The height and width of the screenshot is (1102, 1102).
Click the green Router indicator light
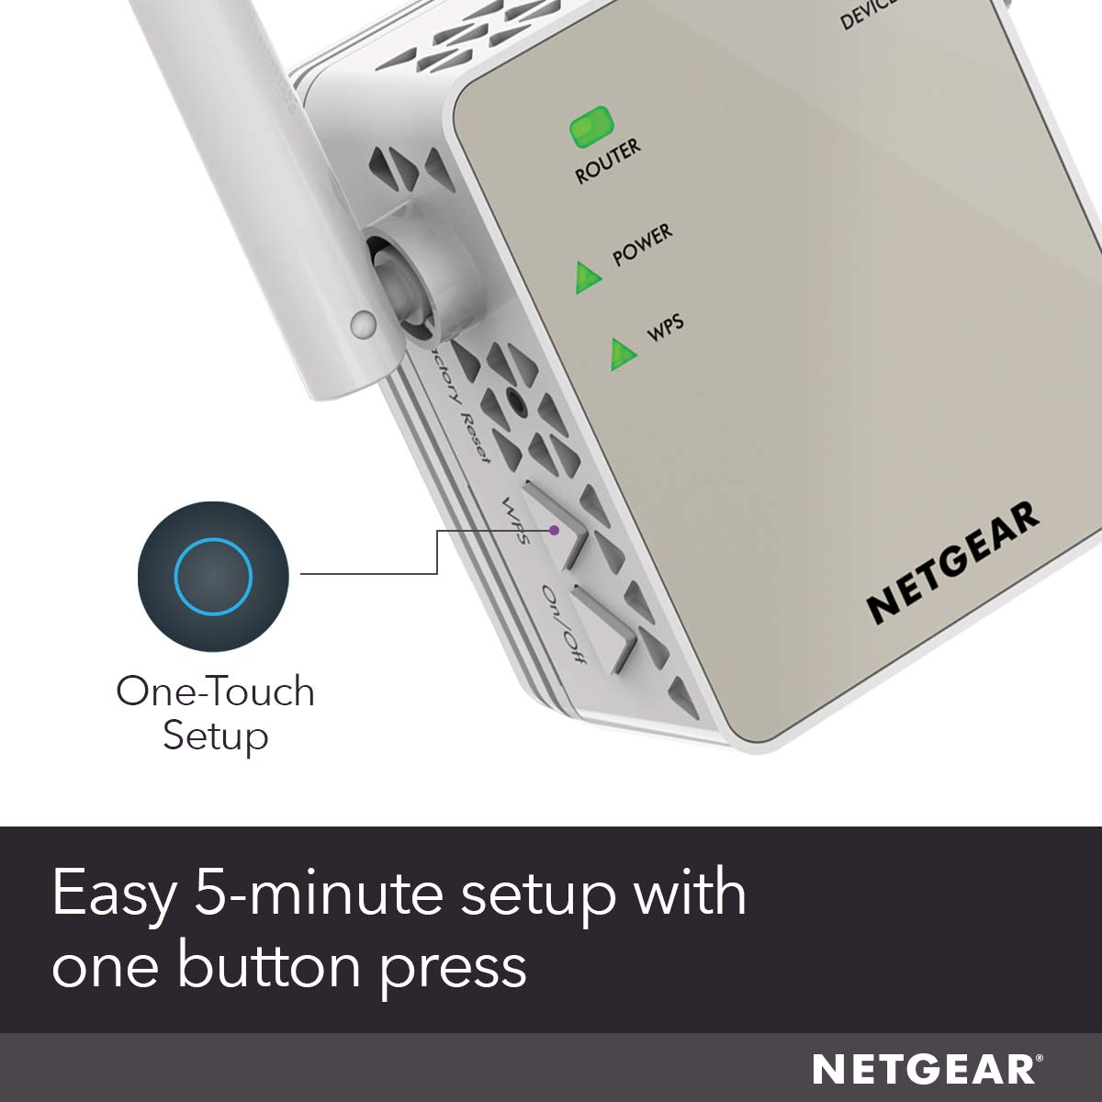[x=591, y=128]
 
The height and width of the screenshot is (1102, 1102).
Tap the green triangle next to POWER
[x=587, y=277]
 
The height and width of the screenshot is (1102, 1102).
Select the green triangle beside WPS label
[x=623, y=354]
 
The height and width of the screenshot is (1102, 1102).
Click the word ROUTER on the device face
[x=608, y=162]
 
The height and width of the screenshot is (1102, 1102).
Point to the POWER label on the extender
[x=643, y=244]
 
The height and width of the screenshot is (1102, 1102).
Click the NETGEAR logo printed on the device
[x=953, y=562]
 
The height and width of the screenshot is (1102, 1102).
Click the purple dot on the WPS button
[x=554, y=530]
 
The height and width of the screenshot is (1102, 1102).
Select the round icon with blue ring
[x=213, y=577]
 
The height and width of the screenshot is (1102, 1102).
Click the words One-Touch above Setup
[x=215, y=692]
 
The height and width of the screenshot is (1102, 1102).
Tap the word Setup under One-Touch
[x=215, y=736]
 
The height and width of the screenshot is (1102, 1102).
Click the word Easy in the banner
[x=112, y=894]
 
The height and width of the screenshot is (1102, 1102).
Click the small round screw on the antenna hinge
[x=364, y=322]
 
